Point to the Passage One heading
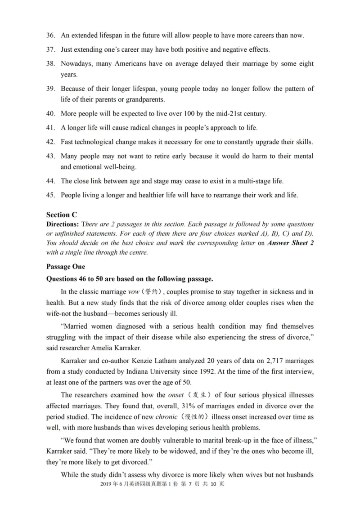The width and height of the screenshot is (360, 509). click(x=66, y=266)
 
